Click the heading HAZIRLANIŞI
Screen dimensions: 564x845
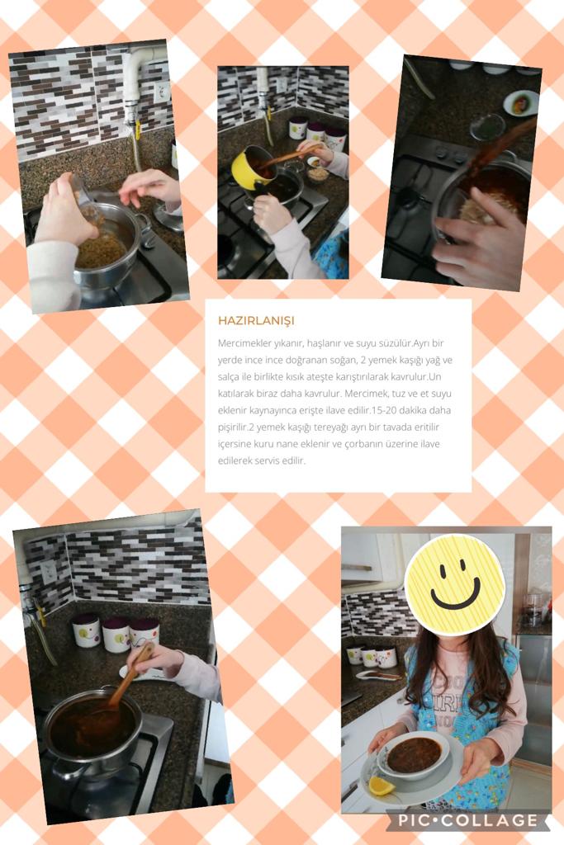click(x=256, y=321)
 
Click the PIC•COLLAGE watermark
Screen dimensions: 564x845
click(x=467, y=820)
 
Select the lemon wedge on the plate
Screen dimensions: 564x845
click(x=382, y=786)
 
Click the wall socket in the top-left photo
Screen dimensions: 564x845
click(x=163, y=92)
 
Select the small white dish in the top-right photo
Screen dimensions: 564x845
click(x=521, y=103)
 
